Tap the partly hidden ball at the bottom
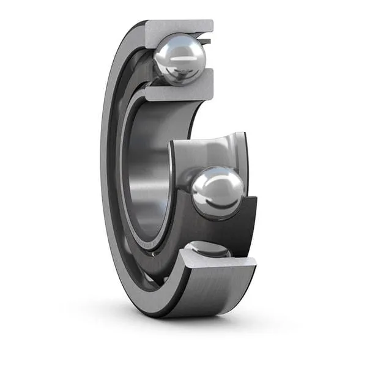coord(208,250)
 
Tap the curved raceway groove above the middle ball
coord(211,150)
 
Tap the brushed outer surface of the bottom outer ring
coord(208,294)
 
